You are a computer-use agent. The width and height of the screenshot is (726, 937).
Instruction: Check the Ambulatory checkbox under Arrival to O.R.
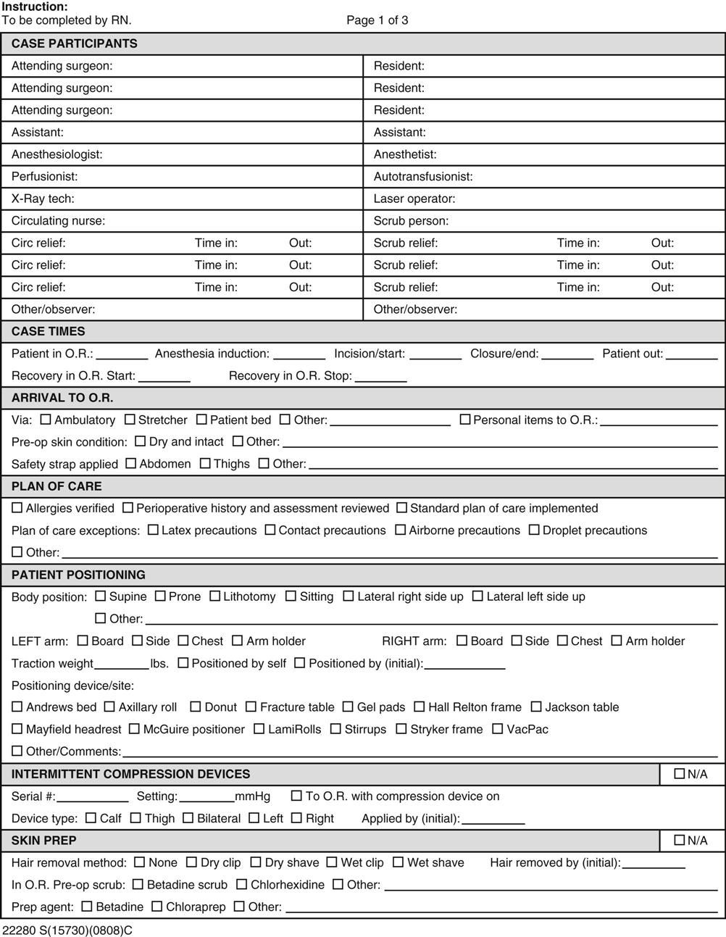[46, 420]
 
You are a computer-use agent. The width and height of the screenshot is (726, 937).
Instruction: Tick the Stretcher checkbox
[130, 420]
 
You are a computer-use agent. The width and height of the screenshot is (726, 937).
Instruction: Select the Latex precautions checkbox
[153, 530]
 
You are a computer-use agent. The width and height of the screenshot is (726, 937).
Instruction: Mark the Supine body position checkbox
[101, 596]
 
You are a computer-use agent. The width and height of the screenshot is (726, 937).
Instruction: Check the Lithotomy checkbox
[215, 596]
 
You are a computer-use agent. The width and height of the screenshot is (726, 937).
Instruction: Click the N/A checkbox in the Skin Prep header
[679, 840]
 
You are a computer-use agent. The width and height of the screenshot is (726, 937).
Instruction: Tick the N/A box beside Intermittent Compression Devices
[679, 774]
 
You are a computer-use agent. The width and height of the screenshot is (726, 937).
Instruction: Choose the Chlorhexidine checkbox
[242, 884]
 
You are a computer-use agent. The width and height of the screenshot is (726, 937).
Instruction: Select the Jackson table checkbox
[536, 707]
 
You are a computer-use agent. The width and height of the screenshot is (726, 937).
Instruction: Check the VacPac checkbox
[498, 729]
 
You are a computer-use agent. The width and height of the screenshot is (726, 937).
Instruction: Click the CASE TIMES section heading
[48, 331]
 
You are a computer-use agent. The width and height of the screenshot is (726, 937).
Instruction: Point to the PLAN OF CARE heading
[57, 486]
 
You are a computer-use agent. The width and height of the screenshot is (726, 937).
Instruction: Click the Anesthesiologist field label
[57, 154]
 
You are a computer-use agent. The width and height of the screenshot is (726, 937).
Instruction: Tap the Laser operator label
[414, 199]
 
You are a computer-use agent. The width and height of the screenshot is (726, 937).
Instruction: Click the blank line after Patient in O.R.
[122, 357]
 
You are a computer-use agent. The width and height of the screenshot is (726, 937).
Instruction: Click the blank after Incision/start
[435, 357]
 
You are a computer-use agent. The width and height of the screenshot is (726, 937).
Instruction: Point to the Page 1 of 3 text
[377, 20]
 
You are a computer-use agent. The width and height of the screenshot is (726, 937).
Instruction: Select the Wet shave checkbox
[399, 862]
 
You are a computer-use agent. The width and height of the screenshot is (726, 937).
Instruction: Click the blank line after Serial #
[92, 799]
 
